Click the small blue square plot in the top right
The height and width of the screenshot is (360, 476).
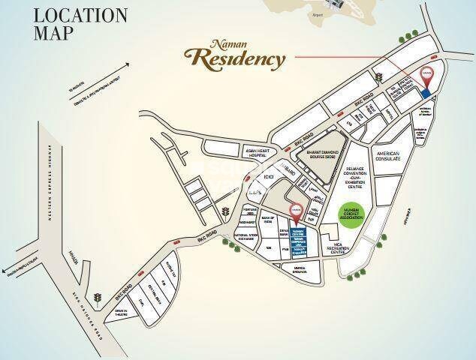pyautogui.click(x=426, y=93)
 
